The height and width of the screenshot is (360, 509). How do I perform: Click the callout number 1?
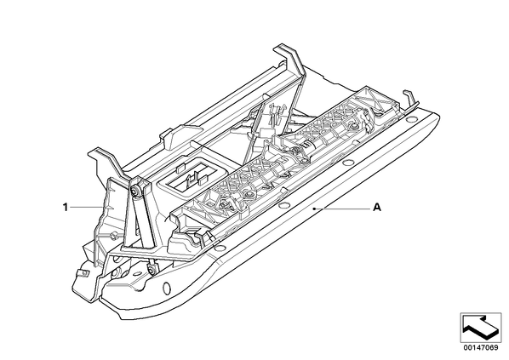(x=66, y=207)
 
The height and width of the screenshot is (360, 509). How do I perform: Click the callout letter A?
(x=377, y=207)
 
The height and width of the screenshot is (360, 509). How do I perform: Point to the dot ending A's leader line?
(x=313, y=209)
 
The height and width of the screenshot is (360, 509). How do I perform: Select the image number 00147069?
(x=481, y=348)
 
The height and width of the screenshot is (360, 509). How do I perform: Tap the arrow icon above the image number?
(x=480, y=328)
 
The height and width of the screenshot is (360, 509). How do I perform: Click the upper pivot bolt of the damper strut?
(x=134, y=190)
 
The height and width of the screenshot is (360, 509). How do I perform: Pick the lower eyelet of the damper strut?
(x=152, y=268)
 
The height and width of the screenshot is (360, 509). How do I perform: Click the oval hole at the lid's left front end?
(x=167, y=287)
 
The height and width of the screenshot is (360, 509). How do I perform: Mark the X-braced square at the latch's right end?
(x=374, y=96)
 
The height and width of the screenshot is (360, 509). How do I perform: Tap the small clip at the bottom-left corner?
(x=83, y=272)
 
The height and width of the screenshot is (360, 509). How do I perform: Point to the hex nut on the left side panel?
(x=113, y=236)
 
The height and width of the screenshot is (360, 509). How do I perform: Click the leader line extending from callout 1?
(x=85, y=207)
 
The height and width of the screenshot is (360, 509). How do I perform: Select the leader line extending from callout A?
(x=342, y=208)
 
